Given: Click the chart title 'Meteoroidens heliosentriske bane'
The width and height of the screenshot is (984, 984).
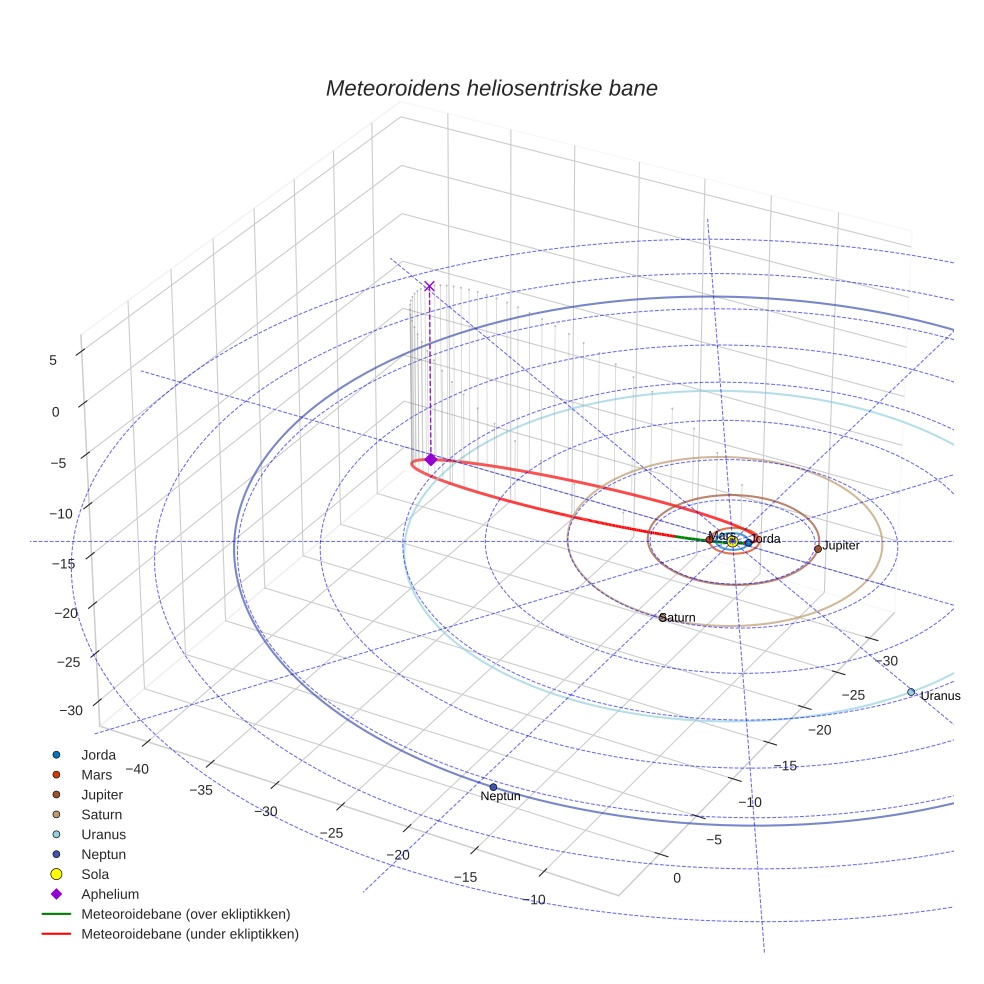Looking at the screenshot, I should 491,88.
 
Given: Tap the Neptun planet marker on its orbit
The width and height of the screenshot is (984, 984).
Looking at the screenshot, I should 493,787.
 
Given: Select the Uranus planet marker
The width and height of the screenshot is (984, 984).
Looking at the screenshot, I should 911,692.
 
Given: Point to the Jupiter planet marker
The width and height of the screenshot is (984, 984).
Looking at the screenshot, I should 818,548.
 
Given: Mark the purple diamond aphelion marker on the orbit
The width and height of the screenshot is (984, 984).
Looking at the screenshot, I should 430,459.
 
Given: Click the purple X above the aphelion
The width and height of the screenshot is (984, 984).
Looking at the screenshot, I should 429,286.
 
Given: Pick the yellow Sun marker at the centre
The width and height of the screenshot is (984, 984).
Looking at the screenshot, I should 733,541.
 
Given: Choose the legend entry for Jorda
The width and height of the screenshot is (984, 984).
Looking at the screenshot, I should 98,755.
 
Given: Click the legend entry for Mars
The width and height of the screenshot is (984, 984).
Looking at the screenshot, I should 96,775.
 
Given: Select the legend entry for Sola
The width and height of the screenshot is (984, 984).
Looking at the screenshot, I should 95,874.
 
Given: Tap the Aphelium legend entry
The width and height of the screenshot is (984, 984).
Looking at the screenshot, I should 109,894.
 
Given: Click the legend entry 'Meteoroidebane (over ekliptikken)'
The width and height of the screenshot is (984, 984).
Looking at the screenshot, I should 185,914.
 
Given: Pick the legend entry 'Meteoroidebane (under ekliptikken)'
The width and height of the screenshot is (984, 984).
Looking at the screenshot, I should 190,934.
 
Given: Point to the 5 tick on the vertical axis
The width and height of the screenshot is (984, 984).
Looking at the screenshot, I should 53,360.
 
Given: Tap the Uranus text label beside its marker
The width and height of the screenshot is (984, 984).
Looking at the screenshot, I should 940,696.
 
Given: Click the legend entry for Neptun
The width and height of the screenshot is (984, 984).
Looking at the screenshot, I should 103,854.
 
